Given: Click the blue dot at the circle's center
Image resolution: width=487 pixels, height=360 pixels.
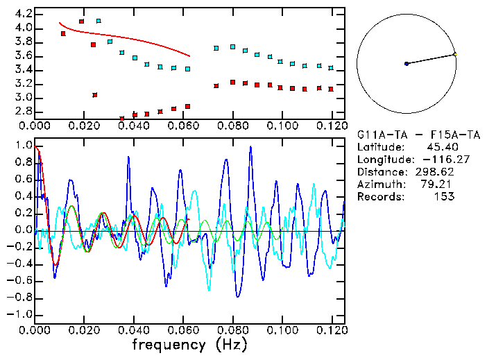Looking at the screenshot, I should [x=407, y=64].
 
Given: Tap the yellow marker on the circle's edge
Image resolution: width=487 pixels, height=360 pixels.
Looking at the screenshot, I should [x=455, y=53].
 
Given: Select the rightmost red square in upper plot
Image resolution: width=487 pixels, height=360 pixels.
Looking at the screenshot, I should [x=331, y=89].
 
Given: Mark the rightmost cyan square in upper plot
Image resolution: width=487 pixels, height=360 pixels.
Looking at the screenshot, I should [x=331, y=68].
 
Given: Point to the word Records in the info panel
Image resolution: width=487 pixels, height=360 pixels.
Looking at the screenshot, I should [x=379, y=196].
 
